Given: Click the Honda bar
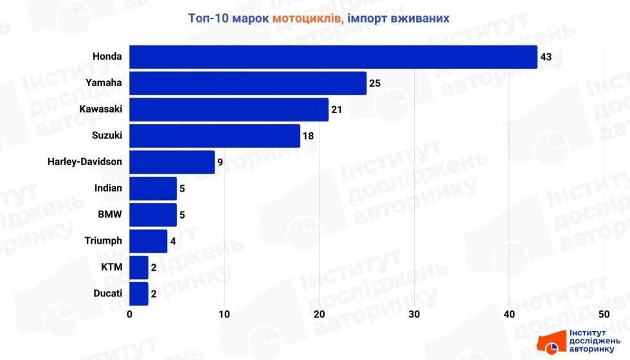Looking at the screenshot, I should pyautogui.click(x=333, y=57).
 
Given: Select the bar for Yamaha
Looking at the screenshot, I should pyautogui.click(x=248, y=83).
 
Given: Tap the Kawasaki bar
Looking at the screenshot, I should pyautogui.click(x=229, y=109).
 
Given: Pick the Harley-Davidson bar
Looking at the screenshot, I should pyautogui.click(x=172, y=162).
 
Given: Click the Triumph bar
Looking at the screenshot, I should pyautogui.click(x=148, y=241).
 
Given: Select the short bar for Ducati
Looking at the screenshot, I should pyautogui.click(x=139, y=293).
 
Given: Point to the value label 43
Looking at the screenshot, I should pyautogui.click(x=546, y=57).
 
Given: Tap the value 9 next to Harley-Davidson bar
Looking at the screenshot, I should pyautogui.click(x=220, y=163).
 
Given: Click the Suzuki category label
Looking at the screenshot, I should pyautogui.click(x=107, y=136).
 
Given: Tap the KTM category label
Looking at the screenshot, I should pyautogui.click(x=111, y=267).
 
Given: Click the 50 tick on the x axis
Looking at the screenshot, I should pyautogui.click(x=604, y=314).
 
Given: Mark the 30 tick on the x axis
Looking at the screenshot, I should pyautogui.click(x=414, y=314).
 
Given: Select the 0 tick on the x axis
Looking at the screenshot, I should pyautogui.click(x=130, y=314).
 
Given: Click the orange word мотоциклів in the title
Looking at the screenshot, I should pyautogui.click(x=307, y=18).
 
